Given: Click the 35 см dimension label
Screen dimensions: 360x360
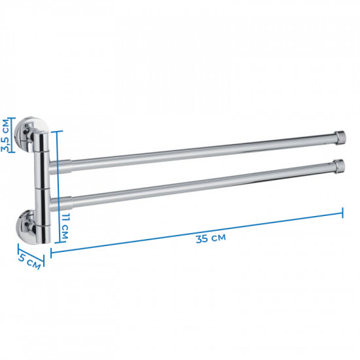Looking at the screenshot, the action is (211, 238).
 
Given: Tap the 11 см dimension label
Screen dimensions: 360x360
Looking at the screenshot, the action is (65, 226).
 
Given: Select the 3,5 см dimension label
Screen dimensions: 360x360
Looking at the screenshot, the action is (5, 135).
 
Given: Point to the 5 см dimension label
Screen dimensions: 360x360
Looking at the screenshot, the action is (29, 262).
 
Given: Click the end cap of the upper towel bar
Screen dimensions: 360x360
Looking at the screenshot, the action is (340, 137).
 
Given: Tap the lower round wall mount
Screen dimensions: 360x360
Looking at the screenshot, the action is (26, 226).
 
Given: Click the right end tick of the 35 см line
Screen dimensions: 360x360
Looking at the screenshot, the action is (342, 213).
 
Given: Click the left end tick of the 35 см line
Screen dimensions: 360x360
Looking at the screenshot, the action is (51, 253).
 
